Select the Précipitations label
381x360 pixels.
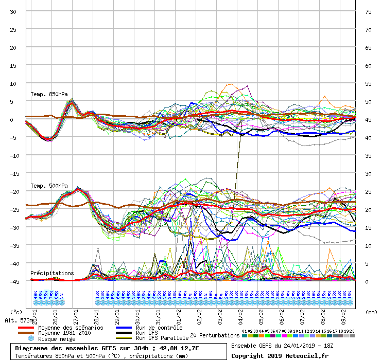pyautogui.click(x=51, y=273)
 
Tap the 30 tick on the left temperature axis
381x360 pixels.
pyautogui.click(x=13, y=11)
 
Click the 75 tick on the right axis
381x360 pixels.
pyautogui.click(x=368, y=11)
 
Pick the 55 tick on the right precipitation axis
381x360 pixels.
pyautogui.click(x=368, y=83)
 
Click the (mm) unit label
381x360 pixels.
pyautogui.click(x=370, y=312)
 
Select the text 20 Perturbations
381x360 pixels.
pyautogui.click(x=214, y=335)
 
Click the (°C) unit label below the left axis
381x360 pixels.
pyautogui.click(x=16, y=312)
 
